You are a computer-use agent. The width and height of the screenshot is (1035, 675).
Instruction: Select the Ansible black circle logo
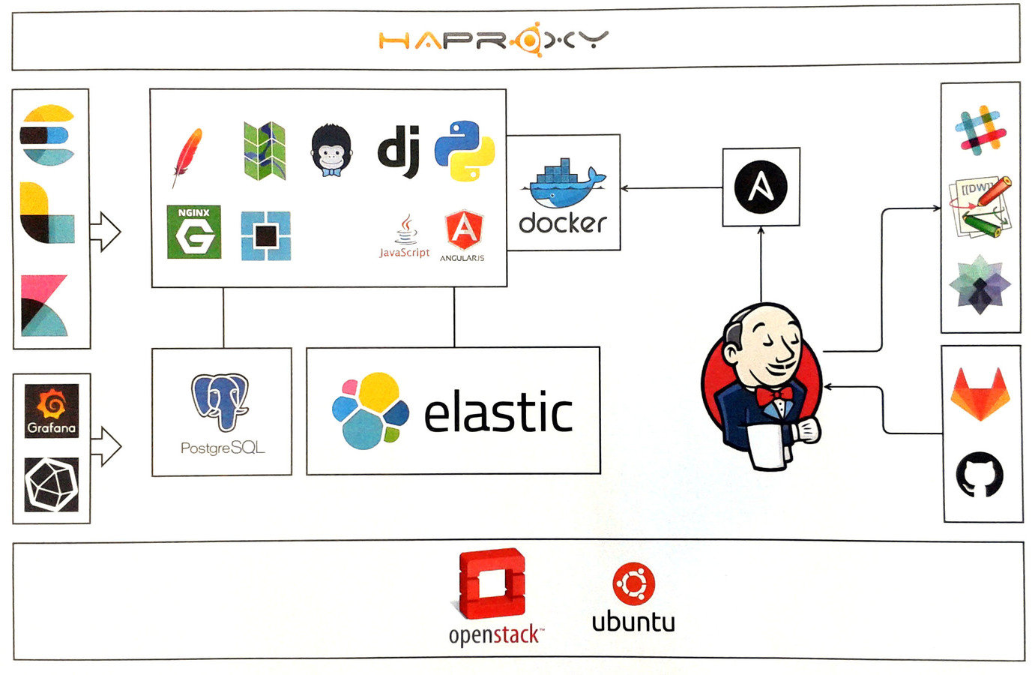pos(760,187)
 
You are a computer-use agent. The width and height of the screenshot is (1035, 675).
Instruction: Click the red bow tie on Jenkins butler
pos(773,394)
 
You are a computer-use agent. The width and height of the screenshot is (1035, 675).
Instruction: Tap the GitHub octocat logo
pos(980,475)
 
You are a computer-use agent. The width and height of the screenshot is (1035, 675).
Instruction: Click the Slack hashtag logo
pos(980,130)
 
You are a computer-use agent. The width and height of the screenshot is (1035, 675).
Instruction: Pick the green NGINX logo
pos(194,232)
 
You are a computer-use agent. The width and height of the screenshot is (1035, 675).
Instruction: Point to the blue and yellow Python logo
pos(465,151)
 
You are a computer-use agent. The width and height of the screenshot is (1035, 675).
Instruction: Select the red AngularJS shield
pos(463,230)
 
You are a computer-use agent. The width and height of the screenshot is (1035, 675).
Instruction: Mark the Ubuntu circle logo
pos(633,584)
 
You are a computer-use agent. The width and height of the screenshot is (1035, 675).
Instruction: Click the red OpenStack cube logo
pos(492,584)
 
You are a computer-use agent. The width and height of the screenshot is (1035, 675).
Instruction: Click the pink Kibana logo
pos(45,305)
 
